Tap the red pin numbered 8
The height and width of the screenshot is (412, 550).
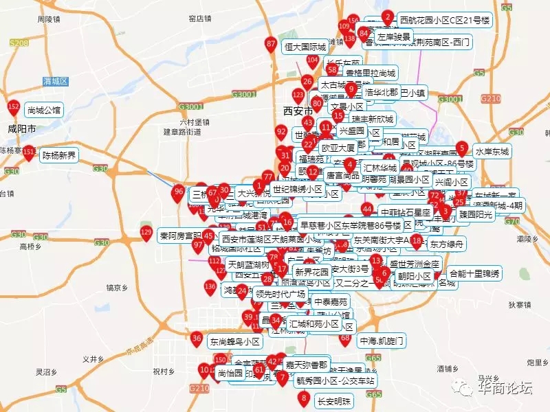point(303,398)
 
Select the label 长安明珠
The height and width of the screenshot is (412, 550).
point(333,401)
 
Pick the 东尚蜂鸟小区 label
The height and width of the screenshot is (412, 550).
point(234,341)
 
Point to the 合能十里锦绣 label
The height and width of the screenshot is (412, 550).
point(474,274)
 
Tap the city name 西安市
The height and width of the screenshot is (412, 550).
point(298,111)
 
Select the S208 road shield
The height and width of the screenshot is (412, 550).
point(19,43)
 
